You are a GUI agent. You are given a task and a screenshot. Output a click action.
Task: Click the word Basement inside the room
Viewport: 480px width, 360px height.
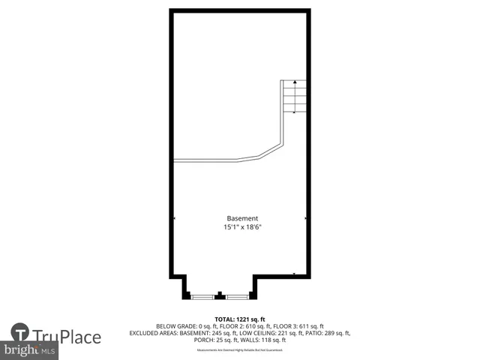pos(241,218)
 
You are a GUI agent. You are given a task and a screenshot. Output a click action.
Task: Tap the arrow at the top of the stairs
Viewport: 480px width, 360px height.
pos(295,82)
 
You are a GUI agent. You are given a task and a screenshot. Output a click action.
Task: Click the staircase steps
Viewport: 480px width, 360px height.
pos(295,97)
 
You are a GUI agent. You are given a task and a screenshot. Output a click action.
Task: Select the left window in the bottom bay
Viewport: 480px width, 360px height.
pos(202,297)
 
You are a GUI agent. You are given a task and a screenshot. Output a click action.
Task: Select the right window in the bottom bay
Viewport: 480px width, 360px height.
pos(237,297)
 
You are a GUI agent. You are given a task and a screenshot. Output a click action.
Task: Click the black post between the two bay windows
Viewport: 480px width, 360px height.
pos(220,295)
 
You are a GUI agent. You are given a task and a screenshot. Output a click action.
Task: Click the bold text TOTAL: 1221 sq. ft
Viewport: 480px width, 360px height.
pos(239,319)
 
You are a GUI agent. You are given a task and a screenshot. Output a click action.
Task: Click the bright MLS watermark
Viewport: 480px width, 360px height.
pos(29,350)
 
